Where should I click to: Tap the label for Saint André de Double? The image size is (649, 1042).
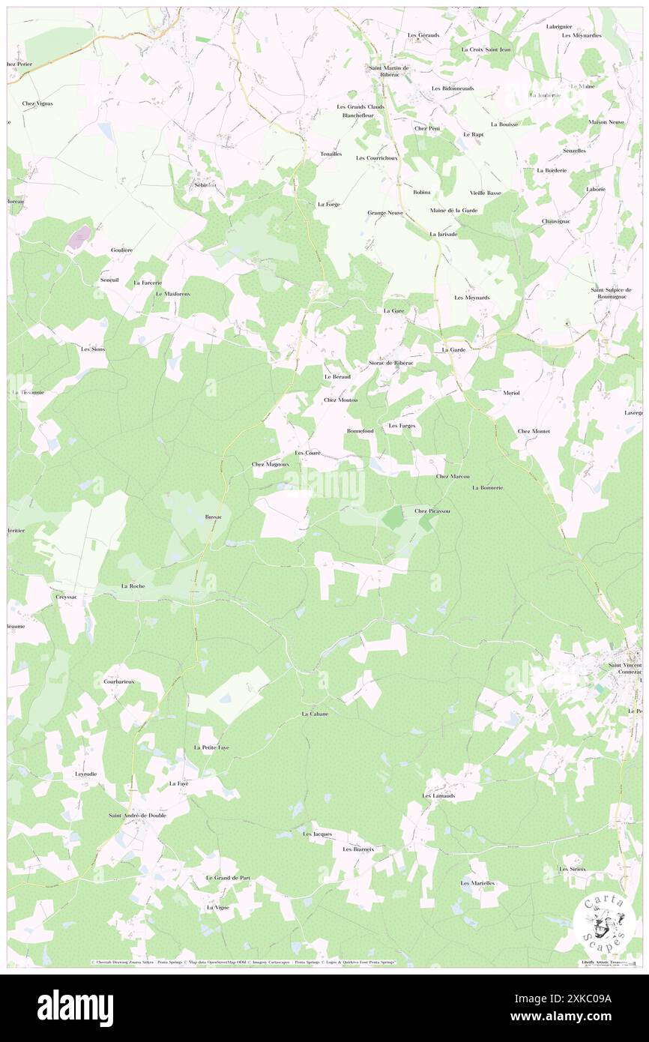[x=137, y=815]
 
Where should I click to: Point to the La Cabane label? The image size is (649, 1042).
[x=315, y=714]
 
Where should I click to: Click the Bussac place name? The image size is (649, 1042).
[x=214, y=517]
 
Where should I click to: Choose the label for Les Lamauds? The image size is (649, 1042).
[x=438, y=795]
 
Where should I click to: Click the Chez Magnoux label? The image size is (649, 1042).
[x=270, y=465]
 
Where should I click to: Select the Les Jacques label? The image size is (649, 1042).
[x=317, y=834]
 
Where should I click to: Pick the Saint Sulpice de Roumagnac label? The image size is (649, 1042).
[x=612, y=293]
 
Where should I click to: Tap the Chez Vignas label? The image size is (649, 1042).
[x=37, y=103]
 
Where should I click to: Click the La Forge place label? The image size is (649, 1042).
[x=328, y=204]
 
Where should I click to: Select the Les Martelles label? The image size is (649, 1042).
[x=477, y=883]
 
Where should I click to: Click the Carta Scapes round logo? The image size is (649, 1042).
[x=603, y=921]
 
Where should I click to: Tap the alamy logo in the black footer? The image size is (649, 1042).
[x=75, y=1008]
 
